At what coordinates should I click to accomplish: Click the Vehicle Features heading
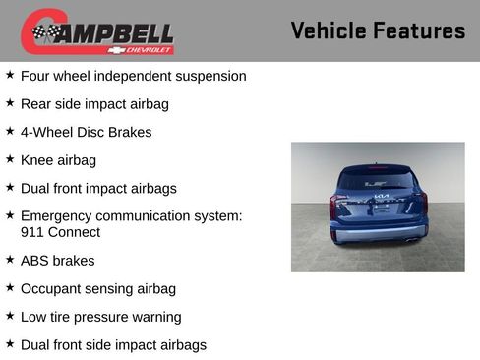(378, 31)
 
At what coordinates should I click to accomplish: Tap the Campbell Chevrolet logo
(97, 31)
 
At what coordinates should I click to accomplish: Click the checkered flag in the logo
(44, 32)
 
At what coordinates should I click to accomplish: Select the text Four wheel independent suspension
(133, 76)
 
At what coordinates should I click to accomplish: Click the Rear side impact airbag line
(94, 103)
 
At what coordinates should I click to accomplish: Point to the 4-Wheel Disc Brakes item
(86, 132)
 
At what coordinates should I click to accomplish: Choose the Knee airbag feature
(58, 160)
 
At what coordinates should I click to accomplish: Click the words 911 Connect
(60, 233)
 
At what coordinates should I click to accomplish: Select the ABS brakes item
(57, 261)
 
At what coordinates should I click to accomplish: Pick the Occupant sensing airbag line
(97, 288)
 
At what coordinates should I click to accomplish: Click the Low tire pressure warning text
(100, 317)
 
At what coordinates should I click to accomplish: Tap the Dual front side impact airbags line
(113, 345)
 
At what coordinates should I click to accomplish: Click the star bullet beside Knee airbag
(10, 159)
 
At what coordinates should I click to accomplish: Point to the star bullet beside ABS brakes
(10, 260)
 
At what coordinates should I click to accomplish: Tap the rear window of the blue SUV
(378, 180)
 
